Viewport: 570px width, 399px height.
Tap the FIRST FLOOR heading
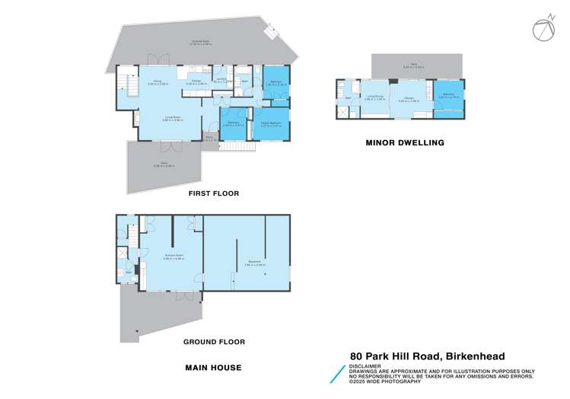[214, 193]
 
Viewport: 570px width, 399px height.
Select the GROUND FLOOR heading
[214, 342]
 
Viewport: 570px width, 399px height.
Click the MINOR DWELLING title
[404, 142]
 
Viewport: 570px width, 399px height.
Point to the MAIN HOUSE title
[214, 368]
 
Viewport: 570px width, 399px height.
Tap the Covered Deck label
[202, 42]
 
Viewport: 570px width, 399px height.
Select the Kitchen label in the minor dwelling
[404, 98]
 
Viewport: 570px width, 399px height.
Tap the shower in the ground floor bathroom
[123, 254]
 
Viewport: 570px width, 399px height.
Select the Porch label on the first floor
[209, 139]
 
